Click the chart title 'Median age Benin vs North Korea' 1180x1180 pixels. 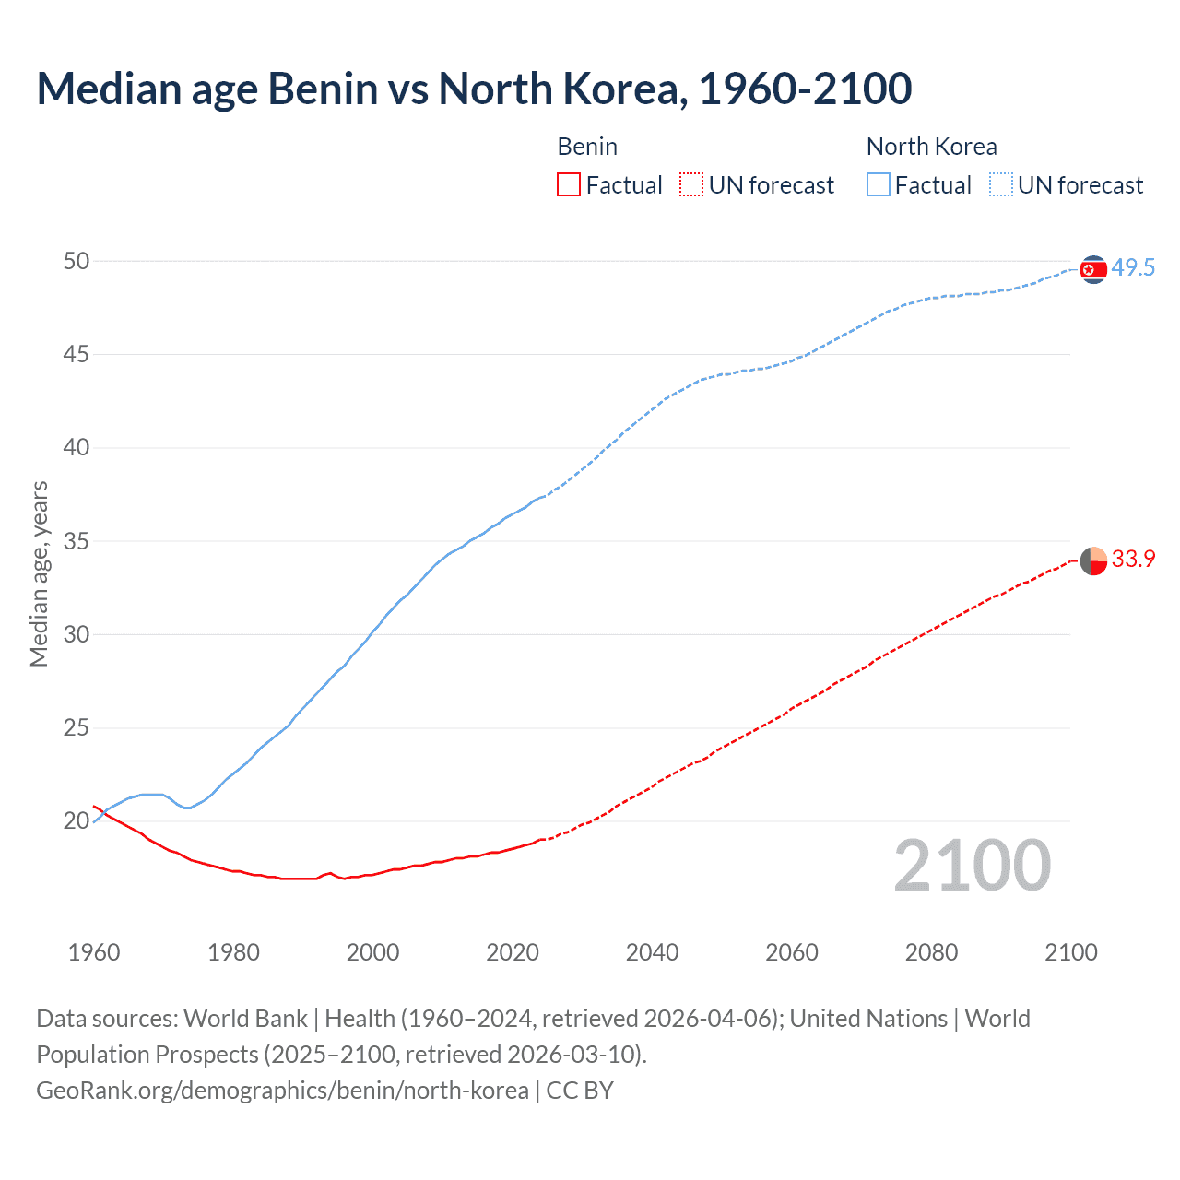click(x=474, y=88)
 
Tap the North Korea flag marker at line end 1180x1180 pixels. click(x=1092, y=269)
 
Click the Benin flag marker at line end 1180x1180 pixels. click(x=1092, y=560)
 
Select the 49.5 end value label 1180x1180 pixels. click(x=1133, y=268)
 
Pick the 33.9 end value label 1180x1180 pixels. click(x=1133, y=560)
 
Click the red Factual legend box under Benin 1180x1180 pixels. click(x=569, y=185)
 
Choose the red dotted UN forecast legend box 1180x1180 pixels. click(x=690, y=185)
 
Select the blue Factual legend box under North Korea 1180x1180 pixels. click(x=878, y=185)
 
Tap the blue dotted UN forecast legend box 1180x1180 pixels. click(x=1000, y=185)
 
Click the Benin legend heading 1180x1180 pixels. click(x=587, y=147)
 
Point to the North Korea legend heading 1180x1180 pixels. click(x=931, y=147)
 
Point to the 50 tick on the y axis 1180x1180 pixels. click(x=77, y=262)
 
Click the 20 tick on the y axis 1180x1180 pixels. click(x=77, y=821)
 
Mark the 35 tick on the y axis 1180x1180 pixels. click(x=77, y=541)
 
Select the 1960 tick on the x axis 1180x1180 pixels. click(x=94, y=952)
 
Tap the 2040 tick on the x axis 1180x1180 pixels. click(x=652, y=952)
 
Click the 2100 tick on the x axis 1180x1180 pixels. click(x=1070, y=952)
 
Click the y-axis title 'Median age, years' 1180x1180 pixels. click(x=39, y=573)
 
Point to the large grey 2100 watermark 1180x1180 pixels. click(x=972, y=866)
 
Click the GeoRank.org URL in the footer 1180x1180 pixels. click(x=282, y=1091)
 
